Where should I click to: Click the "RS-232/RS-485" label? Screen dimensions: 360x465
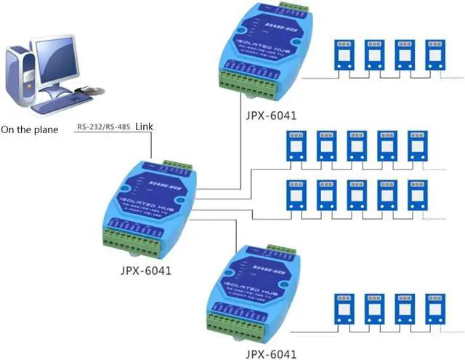click(101, 128)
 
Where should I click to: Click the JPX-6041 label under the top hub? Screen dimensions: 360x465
click(270, 114)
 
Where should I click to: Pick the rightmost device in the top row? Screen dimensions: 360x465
click(435, 55)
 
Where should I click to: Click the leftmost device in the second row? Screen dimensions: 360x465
click(296, 145)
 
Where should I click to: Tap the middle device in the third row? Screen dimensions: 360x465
click(356, 193)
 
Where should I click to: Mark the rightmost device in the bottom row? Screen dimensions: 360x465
click(435, 307)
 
